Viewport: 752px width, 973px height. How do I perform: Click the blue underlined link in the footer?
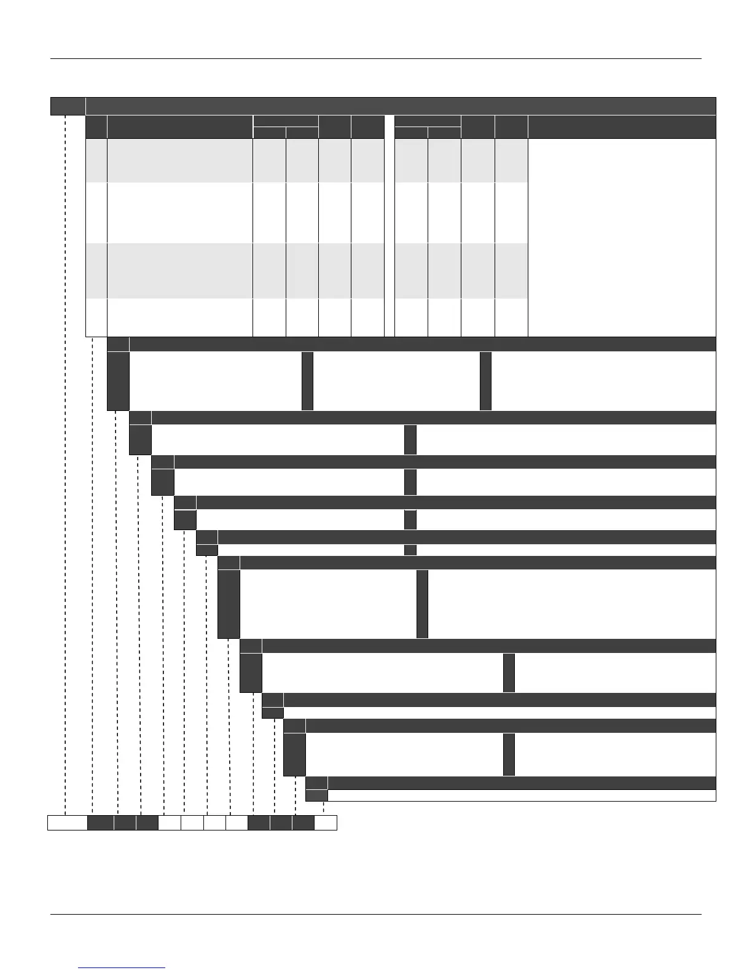122,967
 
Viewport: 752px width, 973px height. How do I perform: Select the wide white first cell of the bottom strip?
68,823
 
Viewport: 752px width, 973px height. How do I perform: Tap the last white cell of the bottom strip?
326,823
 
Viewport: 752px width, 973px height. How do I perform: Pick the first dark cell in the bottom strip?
100,823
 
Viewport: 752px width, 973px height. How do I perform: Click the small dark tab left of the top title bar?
68,106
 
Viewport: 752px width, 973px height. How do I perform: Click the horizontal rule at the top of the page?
375,59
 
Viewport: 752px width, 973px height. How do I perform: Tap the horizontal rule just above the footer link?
375,915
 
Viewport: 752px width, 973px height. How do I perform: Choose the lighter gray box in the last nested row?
316,795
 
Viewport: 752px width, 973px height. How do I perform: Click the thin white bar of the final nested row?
522,795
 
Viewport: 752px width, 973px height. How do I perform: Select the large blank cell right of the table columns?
622,237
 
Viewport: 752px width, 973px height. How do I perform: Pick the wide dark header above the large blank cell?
622,127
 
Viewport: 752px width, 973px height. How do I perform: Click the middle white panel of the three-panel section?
396,381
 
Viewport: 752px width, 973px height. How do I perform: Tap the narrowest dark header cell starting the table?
96,127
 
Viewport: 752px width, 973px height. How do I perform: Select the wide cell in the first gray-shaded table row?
180,160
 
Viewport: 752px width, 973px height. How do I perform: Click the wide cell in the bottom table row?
180,318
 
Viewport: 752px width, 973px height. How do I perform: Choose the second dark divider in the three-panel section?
485,381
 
